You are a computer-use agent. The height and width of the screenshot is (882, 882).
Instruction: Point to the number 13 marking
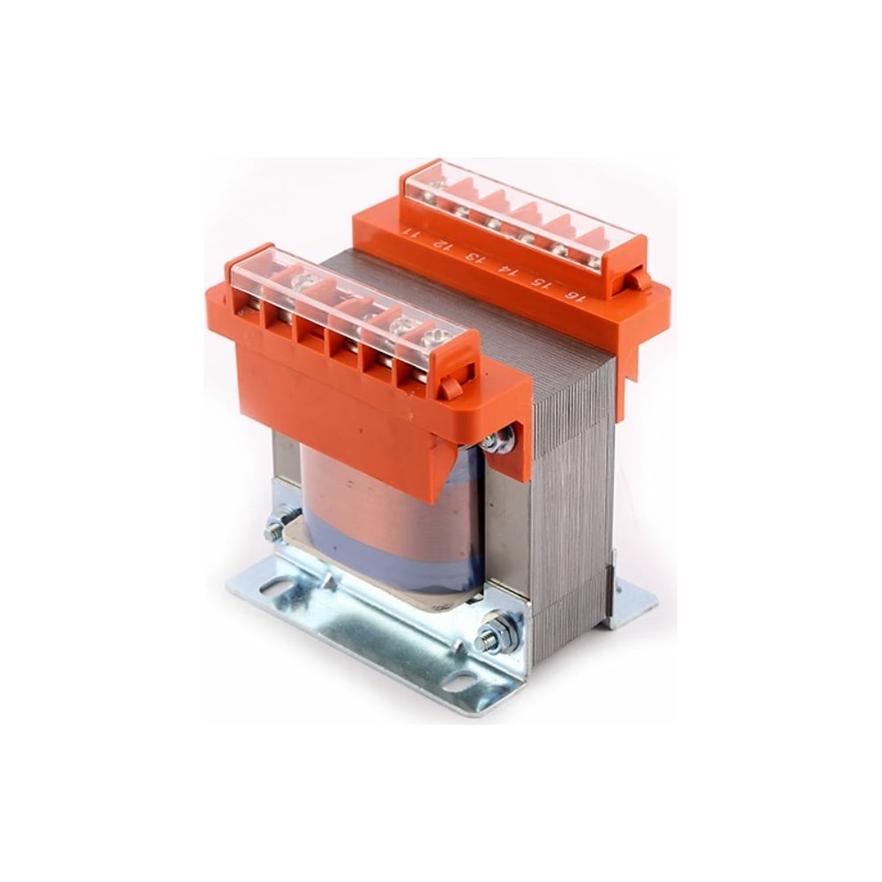[476, 258]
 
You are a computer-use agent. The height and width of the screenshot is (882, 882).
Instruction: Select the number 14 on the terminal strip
[507, 271]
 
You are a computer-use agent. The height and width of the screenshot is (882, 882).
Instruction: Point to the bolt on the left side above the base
[279, 523]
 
